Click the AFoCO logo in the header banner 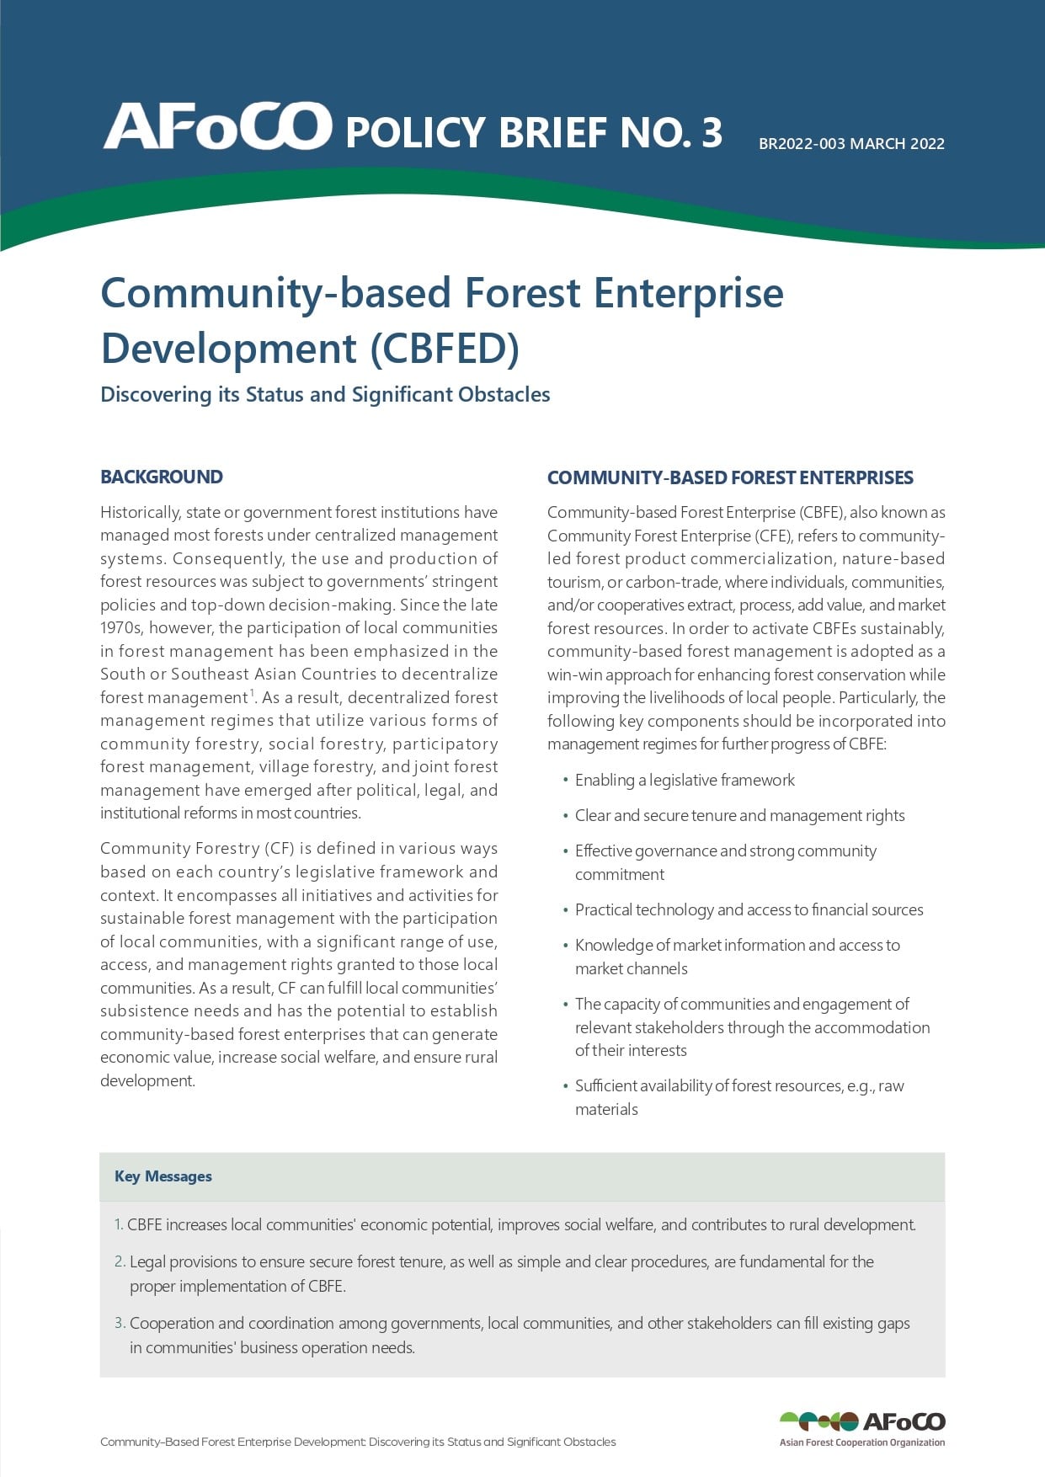pos(217,127)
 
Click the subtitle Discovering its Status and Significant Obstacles pos(325,394)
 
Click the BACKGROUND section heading pos(162,477)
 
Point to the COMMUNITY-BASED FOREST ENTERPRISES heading pos(730,477)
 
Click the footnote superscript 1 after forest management pos(251,693)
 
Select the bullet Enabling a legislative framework pos(685,780)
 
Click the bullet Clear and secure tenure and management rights pos(739,815)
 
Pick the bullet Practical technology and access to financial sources pos(749,909)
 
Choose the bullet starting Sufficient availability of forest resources pos(739,1086)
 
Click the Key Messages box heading pos(163,1176)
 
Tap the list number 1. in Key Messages pos(119,1224)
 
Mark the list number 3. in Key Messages pos(120,1323)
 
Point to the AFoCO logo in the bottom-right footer pos(862,1422)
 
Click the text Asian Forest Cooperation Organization pos(862,1442)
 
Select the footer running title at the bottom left pos(358,1442)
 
